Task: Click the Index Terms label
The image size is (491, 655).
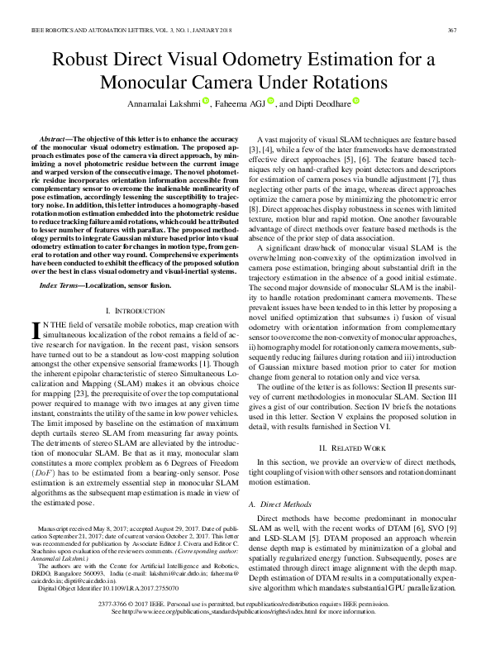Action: tap(64, 285)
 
